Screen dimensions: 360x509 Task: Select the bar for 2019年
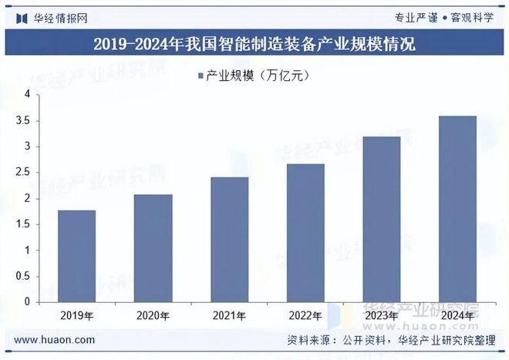point(77,256)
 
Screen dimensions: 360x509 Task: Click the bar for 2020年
point(153,248)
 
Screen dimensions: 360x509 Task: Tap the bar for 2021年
point(229,240)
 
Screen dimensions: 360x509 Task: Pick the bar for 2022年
point(305,233)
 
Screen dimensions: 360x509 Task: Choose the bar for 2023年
point(381,219)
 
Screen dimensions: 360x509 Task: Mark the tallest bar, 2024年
point(457,209)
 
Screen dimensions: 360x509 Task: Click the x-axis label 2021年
point(229,315)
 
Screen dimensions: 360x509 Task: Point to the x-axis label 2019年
point(77,315)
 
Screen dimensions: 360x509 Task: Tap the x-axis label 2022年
point(305,315)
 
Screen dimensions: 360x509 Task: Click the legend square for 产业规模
point(201,75)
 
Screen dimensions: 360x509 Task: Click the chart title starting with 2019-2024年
point(254,44)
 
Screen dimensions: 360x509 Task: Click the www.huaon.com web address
point(55,339)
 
